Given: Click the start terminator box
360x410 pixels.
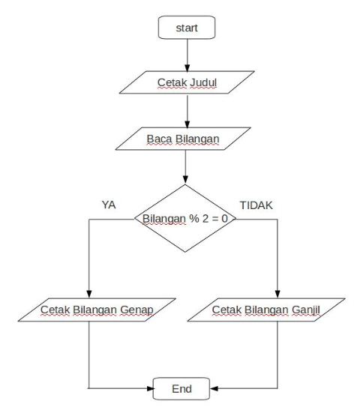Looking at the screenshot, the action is point(187,28).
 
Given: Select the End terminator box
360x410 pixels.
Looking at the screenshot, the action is point(181,388).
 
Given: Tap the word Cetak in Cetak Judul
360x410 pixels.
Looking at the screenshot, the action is point(172,82).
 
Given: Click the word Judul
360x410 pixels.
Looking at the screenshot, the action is point(203,82).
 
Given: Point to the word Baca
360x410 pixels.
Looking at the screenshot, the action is point(159,139).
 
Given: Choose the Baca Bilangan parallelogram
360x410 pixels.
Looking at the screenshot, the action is point(183,139).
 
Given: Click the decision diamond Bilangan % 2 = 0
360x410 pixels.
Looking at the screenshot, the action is point(185,218).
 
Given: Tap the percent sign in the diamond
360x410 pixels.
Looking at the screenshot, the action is point(193,218).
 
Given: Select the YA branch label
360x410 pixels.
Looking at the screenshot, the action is point(109,205).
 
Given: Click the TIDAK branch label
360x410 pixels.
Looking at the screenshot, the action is point(256,205).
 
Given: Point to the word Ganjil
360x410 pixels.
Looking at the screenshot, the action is point(305,310).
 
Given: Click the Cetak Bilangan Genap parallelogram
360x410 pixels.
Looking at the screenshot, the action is point(97,310).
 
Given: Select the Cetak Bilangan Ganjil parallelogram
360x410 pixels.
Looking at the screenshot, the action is point(266,310).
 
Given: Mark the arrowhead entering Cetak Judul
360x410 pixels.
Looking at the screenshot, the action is point(187,68).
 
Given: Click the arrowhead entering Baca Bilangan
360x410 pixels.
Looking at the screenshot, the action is point(187,124).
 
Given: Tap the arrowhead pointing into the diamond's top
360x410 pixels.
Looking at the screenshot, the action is point(185,180).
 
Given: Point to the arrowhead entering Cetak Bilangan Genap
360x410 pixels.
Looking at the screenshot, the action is point(89,294).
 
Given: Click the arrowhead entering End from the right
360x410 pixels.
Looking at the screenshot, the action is point(214,388).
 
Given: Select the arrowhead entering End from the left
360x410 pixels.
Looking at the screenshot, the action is point(150,388).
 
